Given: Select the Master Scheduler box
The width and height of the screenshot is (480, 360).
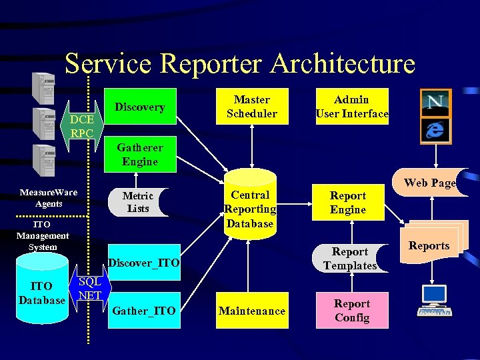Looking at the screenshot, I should pos(252,107).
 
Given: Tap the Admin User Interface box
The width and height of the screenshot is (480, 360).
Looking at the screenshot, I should pos(351,107).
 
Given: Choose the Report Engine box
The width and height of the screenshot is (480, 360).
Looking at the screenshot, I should pos(348,203).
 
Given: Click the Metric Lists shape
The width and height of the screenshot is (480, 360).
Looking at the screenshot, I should pos(137,203).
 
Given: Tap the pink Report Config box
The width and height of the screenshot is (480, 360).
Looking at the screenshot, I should pos(351,311).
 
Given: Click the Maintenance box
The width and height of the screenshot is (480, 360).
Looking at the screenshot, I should pos(252,311).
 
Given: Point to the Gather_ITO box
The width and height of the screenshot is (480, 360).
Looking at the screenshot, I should pos(144,311).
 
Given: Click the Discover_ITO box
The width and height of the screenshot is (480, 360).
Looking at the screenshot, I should pos(144,263).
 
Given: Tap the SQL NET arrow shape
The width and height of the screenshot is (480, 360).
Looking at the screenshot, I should pos(89,289).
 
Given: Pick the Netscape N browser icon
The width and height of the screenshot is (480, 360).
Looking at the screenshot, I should pos(436,104).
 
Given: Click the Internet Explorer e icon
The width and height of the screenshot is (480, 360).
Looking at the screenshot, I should pos(436,129).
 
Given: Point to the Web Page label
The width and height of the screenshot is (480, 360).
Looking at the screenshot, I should pos(429,183).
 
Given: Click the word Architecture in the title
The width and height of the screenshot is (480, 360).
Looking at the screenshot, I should pos(343,64).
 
